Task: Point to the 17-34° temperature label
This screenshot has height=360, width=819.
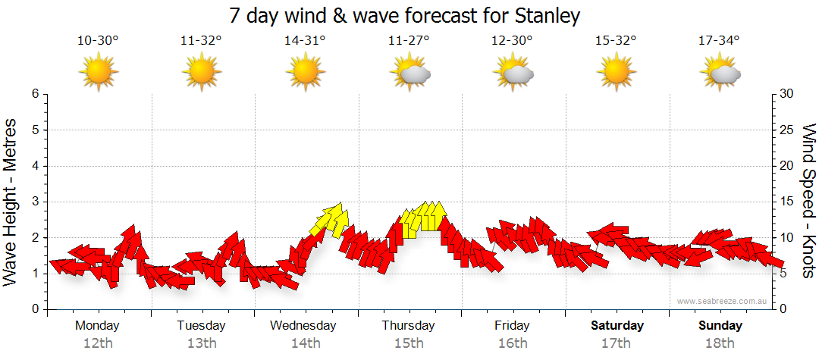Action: click(x=719, y=41)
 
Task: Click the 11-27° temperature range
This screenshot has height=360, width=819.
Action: click(x=409, y=41)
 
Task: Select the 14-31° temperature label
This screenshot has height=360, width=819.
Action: click(x=305, y=41)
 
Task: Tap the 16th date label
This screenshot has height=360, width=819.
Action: click(x=513, y=343)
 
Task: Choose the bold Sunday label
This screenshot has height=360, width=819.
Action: click(x=720, y=325)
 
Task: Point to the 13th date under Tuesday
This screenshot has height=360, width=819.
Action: click(x=202, y=343)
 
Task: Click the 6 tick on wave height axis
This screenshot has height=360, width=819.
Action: click(x=34, y=94)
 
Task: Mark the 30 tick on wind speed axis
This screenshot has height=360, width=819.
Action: click(x=787, y=94)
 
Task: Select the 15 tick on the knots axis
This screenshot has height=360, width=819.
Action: click(x=787, y=202)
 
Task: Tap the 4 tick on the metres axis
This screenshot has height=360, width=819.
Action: click(x=34, y=166)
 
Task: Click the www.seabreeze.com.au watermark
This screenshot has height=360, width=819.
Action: click(x=723, y=301)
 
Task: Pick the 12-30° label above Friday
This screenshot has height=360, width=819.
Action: click(x=513, y=41)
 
